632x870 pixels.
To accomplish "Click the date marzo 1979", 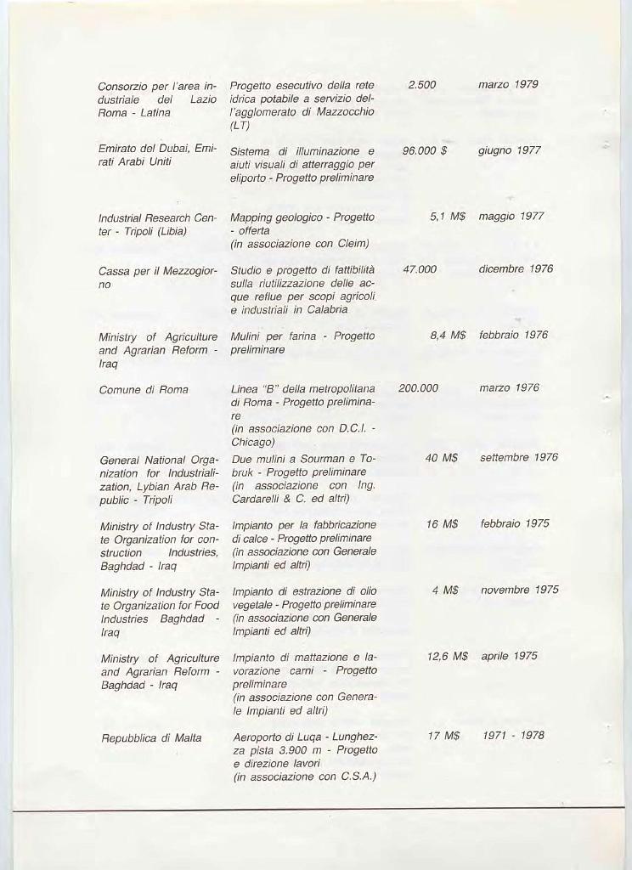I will (x=508, y=85).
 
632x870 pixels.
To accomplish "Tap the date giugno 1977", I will (x=509, y=150).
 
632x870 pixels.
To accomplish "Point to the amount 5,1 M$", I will (x=448, y=217).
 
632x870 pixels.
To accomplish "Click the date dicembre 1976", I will (x=516, y=269).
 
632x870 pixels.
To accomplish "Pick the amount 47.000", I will (x=420, y=269).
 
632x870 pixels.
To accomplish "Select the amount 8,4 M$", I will (x=448, y=335).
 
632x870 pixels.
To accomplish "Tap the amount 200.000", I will (x=419, y=388).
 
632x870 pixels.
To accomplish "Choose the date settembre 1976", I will (x=518, y=458).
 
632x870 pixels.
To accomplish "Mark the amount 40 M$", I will (x=442, y=458).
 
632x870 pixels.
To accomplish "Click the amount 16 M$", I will (x=442, y=524).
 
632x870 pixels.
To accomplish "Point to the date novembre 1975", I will (x=519, y=590).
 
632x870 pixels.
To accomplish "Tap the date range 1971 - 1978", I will (x=513, y=736).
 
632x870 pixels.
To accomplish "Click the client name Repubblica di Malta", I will (x=150, y=737).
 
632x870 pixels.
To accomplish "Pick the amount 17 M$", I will (x=443, y=736).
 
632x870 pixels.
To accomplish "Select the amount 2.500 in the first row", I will (x=421, y=85).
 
